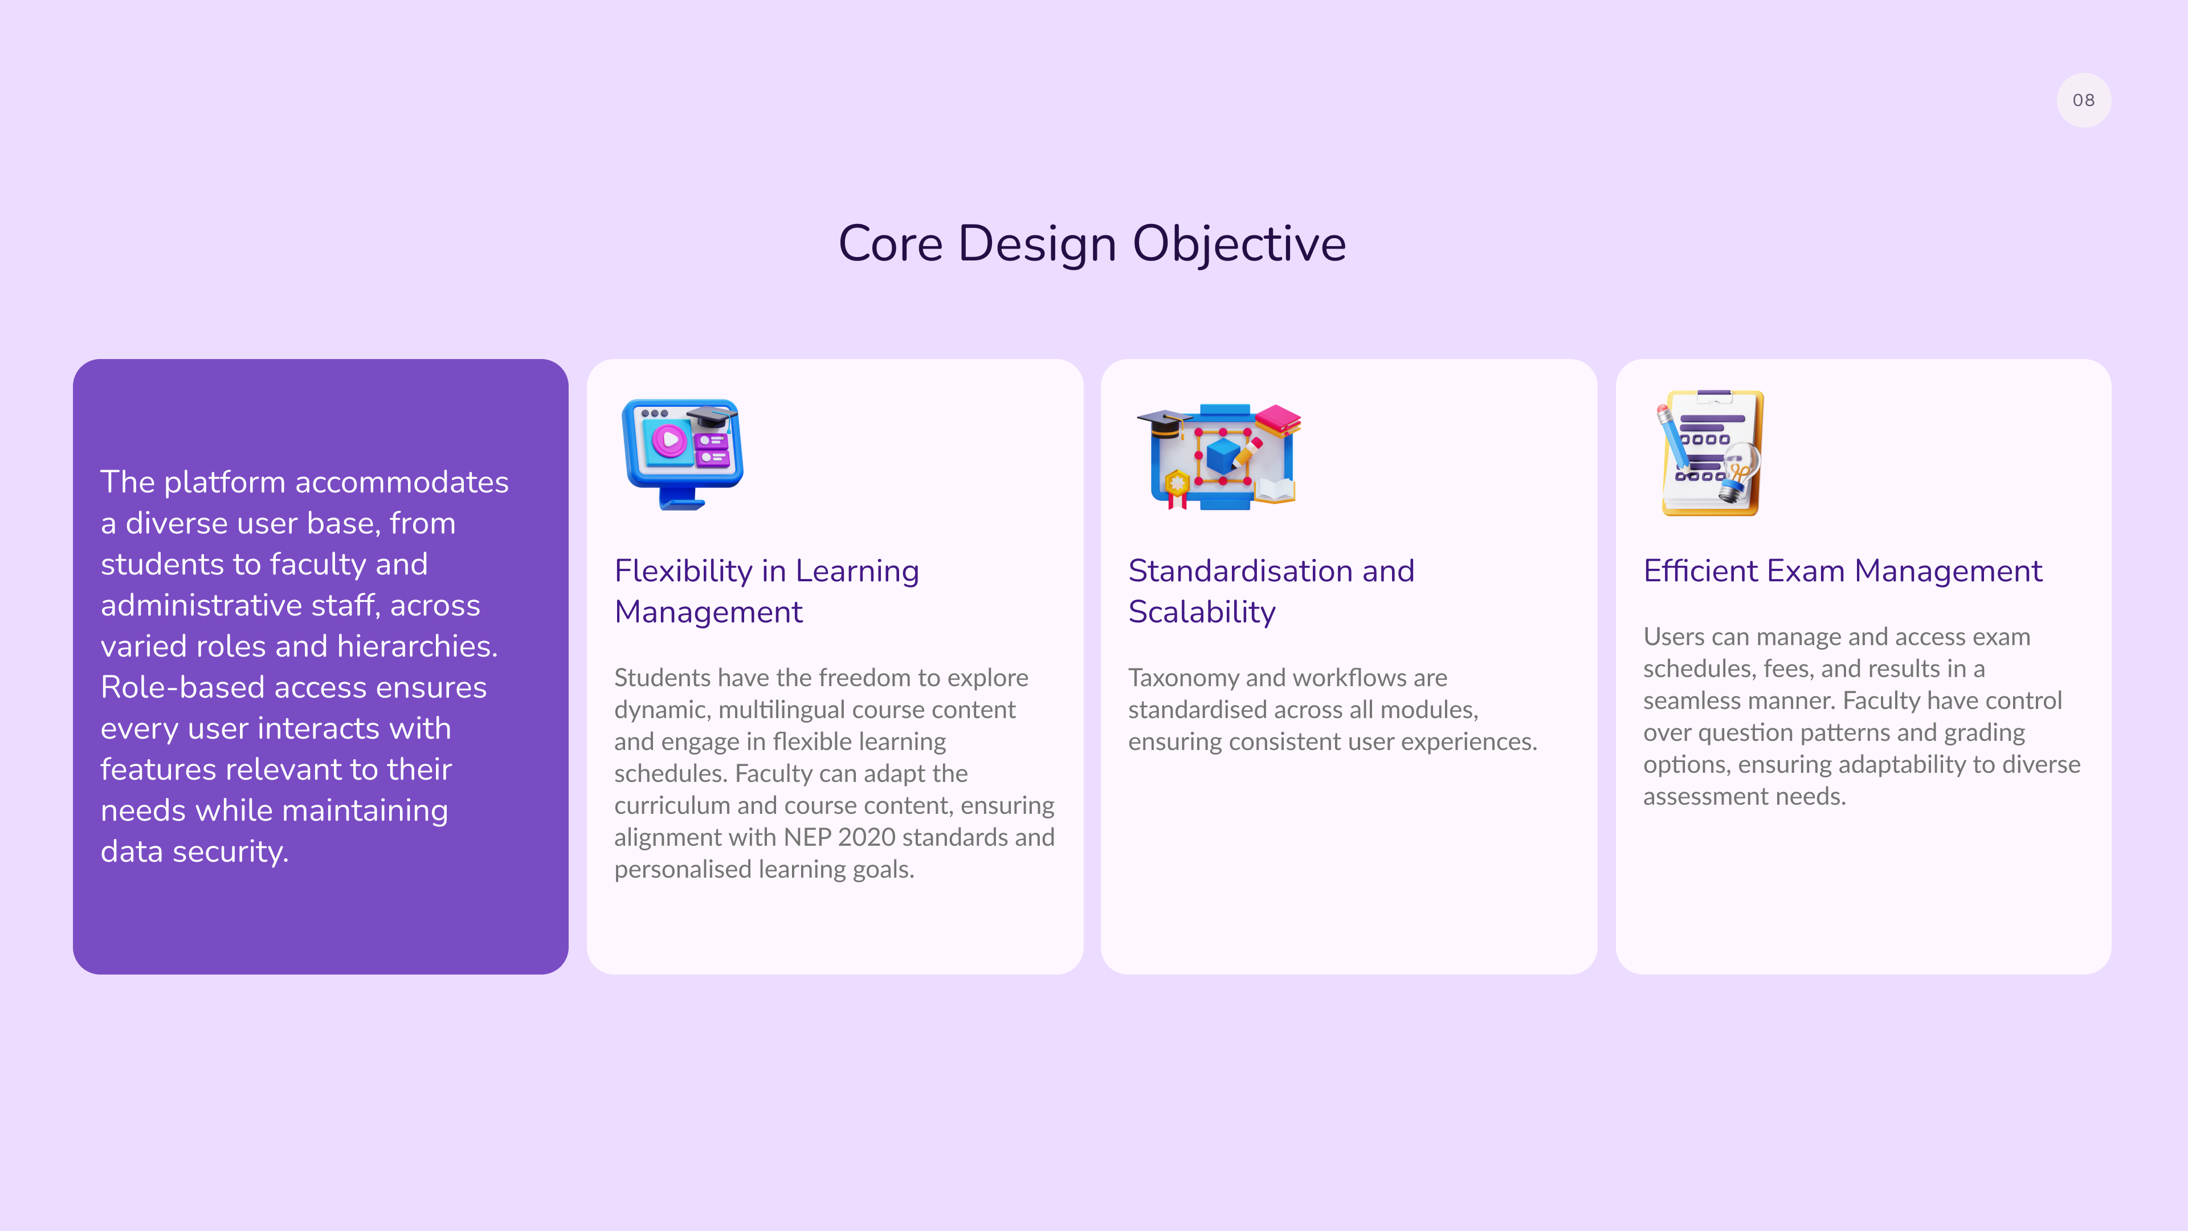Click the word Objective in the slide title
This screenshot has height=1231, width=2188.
[x=1239, y=244]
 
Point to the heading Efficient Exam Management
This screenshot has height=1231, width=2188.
[x=1842, y=571]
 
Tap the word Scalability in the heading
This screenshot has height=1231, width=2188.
[x=1202, y=613]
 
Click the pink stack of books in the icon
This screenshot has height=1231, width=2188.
[x=1277, y=419]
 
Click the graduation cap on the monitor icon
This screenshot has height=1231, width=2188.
[x=712, y=418]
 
